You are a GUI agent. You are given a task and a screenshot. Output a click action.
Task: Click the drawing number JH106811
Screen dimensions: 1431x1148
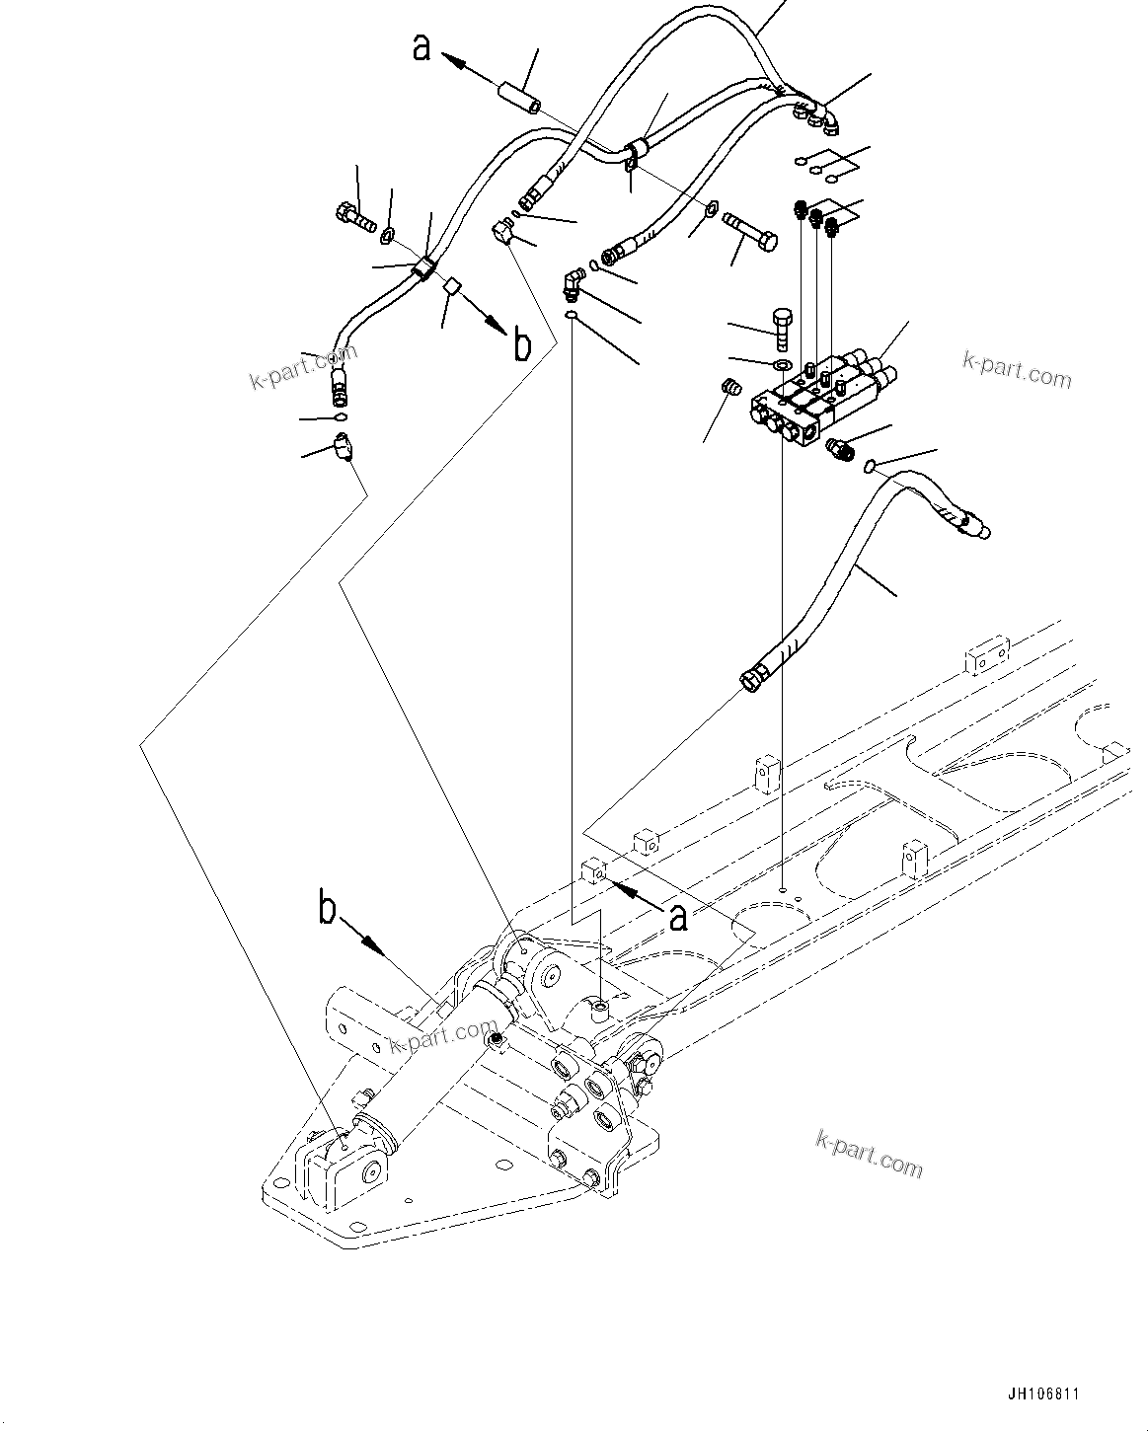[x=1043, y=1394]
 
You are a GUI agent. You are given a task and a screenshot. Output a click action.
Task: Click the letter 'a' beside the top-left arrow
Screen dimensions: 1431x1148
[x=421, y=46]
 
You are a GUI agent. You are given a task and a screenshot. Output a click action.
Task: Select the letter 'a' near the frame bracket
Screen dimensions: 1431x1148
[x=677, y=918]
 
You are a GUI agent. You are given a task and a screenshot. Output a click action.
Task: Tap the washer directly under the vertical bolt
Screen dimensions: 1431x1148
[x=782, y=364]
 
